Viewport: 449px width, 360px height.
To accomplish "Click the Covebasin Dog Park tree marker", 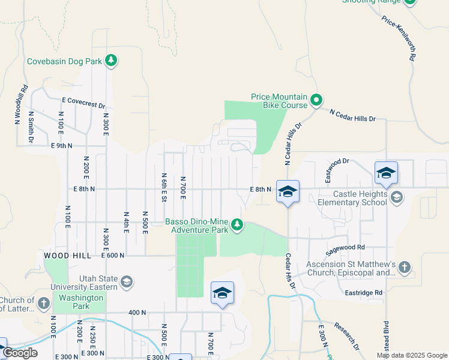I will (x=110, y=60).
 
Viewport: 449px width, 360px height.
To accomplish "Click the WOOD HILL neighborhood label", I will (x=67, y=256).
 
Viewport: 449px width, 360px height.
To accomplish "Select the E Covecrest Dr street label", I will (x=83, y=103).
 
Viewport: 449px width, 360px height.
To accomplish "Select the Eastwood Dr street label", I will (x=337, y=170).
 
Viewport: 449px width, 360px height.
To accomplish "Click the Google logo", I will (x=20, y=353).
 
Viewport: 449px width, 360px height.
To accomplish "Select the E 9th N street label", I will (x=62, y=146).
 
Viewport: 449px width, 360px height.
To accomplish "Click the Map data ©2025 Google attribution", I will (x=412, y=356).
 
